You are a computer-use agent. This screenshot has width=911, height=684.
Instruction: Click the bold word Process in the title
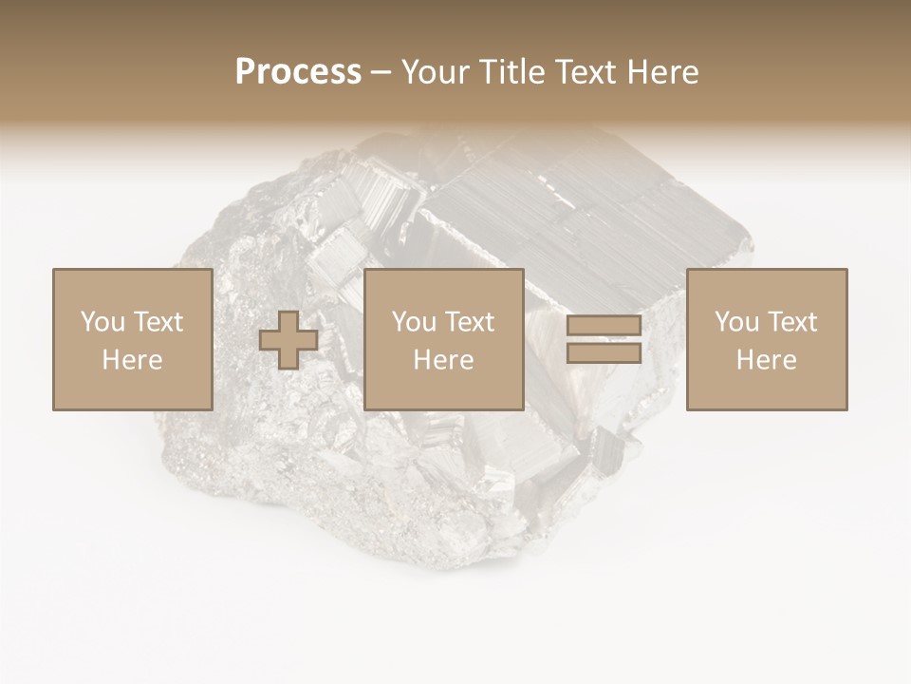(x=298, y=72)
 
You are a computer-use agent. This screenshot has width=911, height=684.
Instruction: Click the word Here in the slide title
(x=663, y=72)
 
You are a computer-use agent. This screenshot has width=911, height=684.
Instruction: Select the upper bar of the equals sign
(x=604, y=326)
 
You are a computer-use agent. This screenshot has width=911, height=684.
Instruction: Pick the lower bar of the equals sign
(x=604, y=353)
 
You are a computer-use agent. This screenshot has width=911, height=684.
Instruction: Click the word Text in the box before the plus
(x=158, y=322)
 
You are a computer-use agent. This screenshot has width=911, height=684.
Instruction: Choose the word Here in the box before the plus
(x=132, y=360)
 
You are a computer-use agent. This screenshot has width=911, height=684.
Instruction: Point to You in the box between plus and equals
(x=414, y=322)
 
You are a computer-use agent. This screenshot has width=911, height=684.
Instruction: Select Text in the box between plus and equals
(x=469, y=322)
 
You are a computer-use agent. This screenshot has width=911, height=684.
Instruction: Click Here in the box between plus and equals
(x=443, y=360)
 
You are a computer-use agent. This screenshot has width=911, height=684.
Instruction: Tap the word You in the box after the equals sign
(x=736, y=322)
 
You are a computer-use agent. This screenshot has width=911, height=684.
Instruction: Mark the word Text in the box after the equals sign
(x=791, y=322)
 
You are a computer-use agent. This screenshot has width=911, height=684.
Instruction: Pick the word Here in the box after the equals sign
(x=766, y=360)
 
